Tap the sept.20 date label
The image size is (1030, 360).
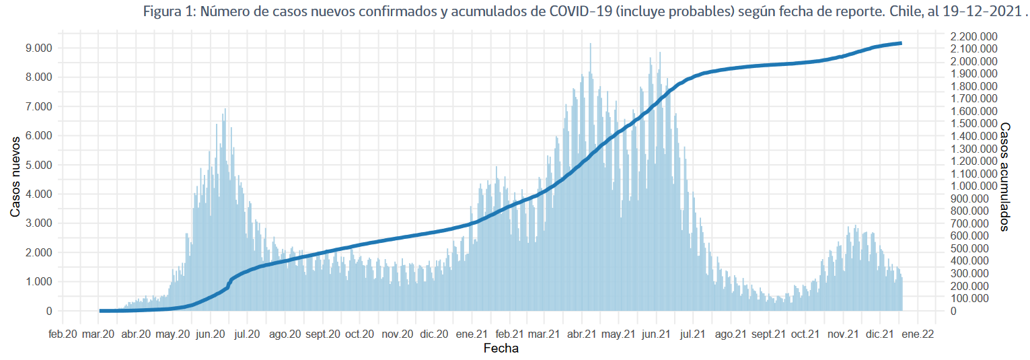tap(323, 333)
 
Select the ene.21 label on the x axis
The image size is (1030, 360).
tap(471, 333)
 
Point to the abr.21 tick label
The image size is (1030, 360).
tap(582, 333)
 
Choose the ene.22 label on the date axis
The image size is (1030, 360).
tap(917, 333)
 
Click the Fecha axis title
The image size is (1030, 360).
tap(501, 349)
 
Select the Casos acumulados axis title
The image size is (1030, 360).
tap(1005, 176)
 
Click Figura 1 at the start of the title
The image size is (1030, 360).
tap(168, 11)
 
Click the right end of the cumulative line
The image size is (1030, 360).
tap(901, 43)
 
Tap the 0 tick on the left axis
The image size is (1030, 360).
tap(49, 311)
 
